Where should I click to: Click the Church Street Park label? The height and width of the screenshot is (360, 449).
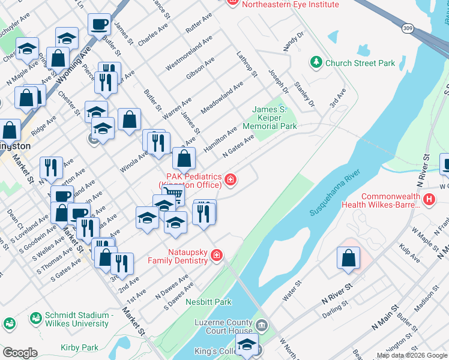[x=360, y=62]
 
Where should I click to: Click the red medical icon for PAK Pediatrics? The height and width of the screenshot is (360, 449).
[x=229, y=179]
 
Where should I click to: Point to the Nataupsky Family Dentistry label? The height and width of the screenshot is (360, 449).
[x=181, y=256]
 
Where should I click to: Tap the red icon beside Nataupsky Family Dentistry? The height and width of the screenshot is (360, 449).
[x=217, y=256]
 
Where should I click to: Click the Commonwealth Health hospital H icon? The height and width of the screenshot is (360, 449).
[x=429, y=200]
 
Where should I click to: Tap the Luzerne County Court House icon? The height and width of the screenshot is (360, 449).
[x=262, y=326]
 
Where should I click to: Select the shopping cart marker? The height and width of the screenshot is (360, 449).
[x=172, y=192]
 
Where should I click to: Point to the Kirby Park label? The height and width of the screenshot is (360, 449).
[x=79, y=347]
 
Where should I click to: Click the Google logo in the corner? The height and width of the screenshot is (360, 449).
[x=20, y=353]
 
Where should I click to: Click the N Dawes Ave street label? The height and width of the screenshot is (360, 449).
[x=171, y=287]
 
